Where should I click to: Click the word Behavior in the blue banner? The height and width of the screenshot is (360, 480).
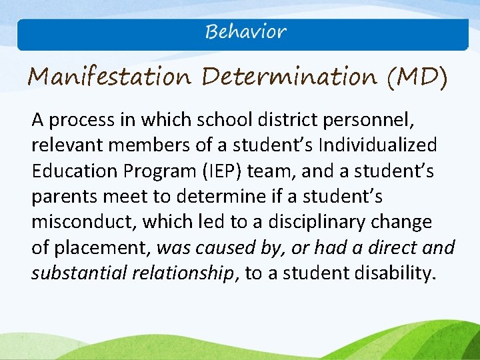point(246,31)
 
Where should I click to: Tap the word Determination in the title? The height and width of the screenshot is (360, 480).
point(289,77)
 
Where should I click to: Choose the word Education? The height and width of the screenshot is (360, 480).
point(74,171)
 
